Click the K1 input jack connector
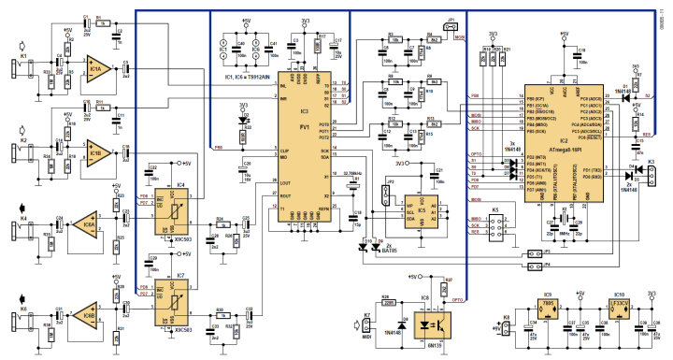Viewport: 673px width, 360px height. click(x=21, y=56)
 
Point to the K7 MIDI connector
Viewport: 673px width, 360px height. click(x=366, y=324)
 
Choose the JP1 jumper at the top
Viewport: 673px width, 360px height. click(x=451, y=25)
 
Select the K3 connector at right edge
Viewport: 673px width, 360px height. click(x=655, y=175)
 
